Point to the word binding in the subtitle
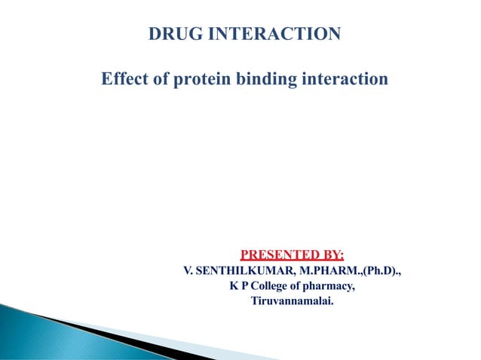(x=268, y=78)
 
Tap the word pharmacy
(x=332, y=287)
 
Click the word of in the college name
(x=302, y=287)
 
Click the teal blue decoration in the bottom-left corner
(x=30, y=331)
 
